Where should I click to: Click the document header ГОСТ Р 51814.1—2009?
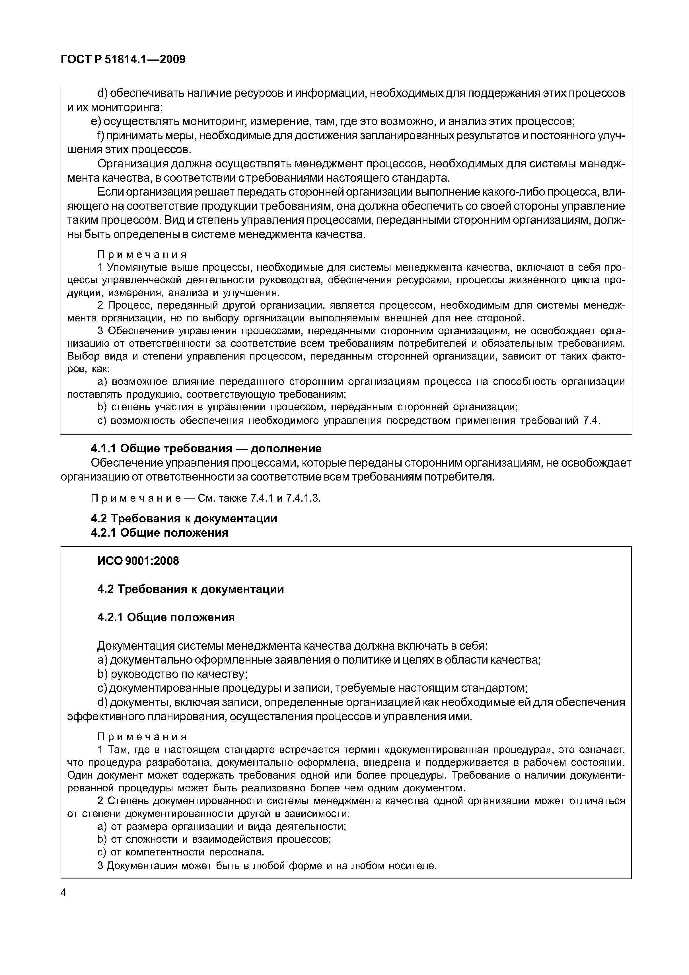click(x=123, y=59)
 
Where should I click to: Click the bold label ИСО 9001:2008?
click(x=138, y=561)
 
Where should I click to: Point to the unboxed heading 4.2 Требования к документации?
click(x=184, y=518)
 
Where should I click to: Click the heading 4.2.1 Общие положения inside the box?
click(x=166, y=617)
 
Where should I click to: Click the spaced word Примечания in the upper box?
click(x=142, y=254)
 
